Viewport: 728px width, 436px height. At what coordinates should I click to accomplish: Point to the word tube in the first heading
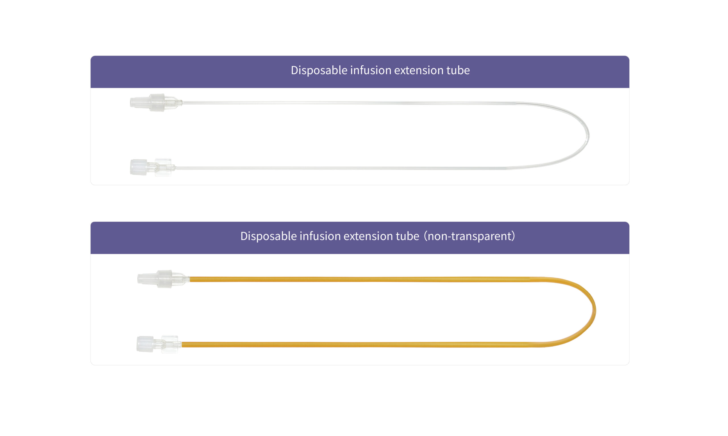(x=458, y=71)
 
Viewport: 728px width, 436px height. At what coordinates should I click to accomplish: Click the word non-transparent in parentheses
(x=470, y=236)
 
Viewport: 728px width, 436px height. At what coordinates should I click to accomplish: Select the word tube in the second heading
(x=408, y=236)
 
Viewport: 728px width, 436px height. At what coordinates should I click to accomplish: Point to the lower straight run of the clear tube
(x=341, y=168)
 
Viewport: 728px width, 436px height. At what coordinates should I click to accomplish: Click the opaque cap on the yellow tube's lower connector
(x=145, y=344)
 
